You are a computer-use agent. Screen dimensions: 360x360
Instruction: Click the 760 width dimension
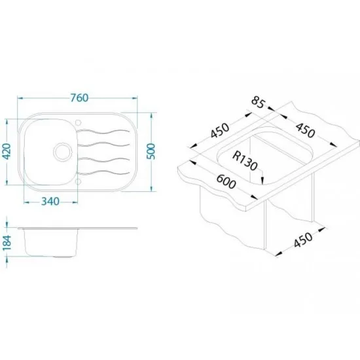click(79, 98)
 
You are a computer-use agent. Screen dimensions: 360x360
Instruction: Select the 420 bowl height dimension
click(7, 151)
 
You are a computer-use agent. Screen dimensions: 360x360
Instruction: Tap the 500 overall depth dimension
click(151, 151)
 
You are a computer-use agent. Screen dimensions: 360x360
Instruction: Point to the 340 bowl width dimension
click(50, 202)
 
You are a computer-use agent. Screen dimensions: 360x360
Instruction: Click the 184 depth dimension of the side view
click(7, 243)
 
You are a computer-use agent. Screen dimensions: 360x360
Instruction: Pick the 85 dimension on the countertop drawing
click(258, 103)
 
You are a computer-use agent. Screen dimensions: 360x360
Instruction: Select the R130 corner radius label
click(245, 161)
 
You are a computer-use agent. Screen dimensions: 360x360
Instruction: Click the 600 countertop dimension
click(226, 181)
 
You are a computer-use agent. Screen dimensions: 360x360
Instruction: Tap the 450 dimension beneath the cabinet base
click(303, 240)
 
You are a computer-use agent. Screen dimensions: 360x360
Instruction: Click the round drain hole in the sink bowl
click(62, 152)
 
